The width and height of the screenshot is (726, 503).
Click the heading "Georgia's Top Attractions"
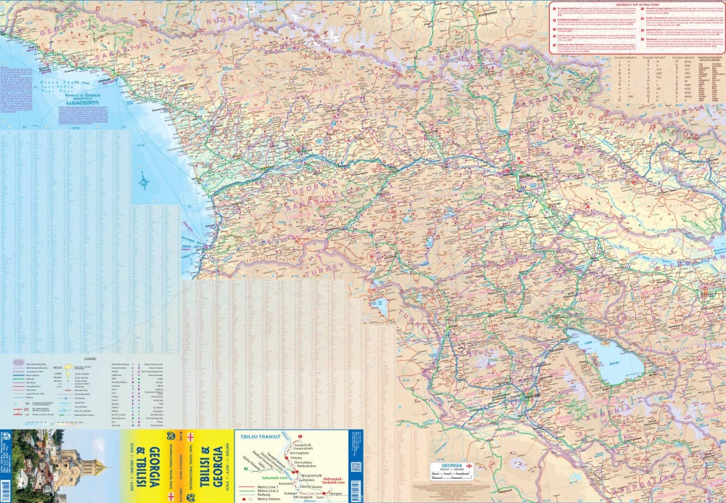tap(637, 4)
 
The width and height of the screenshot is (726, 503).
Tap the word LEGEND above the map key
tap(90, 358)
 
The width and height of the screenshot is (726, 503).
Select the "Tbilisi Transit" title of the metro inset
tap(257, 436)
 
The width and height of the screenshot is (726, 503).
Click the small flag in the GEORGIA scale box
tap(470, 465)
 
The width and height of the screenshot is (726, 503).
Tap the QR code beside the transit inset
tap(355, 467)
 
